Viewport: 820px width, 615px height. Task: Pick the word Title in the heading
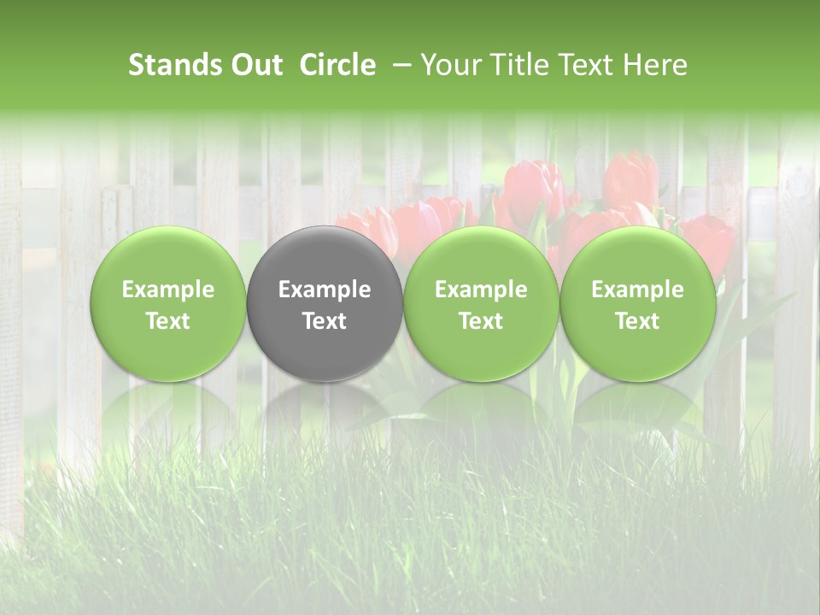pyautogui.click(x=518, y=65)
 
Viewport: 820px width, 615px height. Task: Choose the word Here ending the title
pyautogui.click(x=654, y=65)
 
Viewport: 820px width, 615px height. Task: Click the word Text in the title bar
pyautogui.click(x=585, y=65)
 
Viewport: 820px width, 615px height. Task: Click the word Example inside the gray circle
pyautogui.click(x=325, y=290)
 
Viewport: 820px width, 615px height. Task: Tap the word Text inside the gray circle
pyautogui.click(x=325, y=321)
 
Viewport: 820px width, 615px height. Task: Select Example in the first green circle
pyautogui.click(x=168, y=290)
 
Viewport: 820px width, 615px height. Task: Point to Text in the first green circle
pyautogui.click(x=168, y=321)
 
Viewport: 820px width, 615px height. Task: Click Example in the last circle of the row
pyautogui.click(x=637, y=290)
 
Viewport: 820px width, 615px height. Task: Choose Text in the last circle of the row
pyautogui.click(x=637, y=321)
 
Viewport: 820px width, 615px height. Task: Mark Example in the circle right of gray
pyautogui.click(x=481, y=290)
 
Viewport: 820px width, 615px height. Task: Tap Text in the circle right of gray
pyautogui.click(x=481, y=321)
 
